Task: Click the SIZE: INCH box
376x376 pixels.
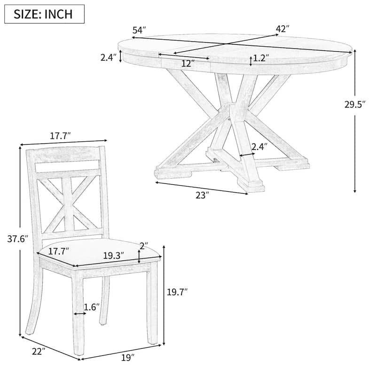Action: [45, 14]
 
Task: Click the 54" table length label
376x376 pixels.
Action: [139, 30]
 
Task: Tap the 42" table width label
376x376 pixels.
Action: [282, 29]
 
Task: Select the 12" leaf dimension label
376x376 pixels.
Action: [187, 63]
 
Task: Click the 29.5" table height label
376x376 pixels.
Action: [355, 105]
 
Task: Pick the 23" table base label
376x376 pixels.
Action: [201, 195]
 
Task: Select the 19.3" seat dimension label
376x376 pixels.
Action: [113, 256]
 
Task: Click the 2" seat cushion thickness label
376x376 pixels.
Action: [144, 246]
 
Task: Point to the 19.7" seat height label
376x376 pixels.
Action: [177, 292]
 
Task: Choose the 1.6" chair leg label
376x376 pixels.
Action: [92, 307]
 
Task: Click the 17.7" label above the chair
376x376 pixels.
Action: [60, 136]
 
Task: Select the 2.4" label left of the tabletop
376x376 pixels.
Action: [108, 58]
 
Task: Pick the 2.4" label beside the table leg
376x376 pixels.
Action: [259, 147]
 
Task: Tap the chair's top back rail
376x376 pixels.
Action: [66, 155]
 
